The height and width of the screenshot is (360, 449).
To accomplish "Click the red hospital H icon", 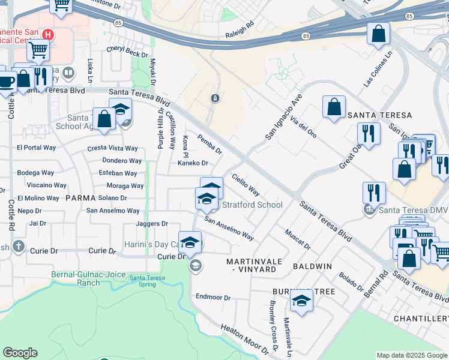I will tap(49, 35).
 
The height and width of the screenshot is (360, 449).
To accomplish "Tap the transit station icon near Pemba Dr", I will tap(215, 98).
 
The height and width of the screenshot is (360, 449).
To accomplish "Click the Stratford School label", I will tap(252, 205).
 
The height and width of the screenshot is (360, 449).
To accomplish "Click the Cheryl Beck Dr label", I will tap(127, 52).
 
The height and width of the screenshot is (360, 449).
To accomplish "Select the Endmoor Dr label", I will tap(213, 297).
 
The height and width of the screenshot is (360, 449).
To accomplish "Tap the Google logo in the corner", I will tap(20, 353).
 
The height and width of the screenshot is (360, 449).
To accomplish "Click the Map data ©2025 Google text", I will tap(412, 355).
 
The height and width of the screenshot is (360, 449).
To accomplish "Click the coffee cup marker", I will tap(6, 82).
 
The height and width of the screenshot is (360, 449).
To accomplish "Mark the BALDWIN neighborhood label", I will tap(312, 266).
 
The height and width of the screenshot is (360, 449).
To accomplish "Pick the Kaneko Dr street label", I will tap(192, 163).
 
